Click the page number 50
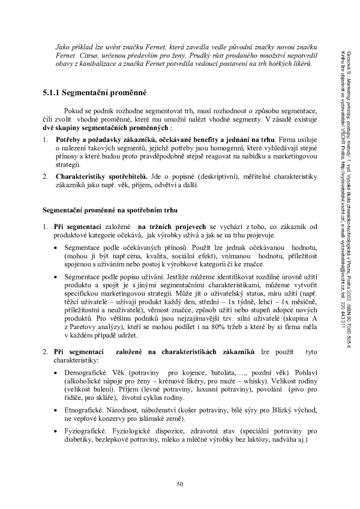(180, 484)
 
